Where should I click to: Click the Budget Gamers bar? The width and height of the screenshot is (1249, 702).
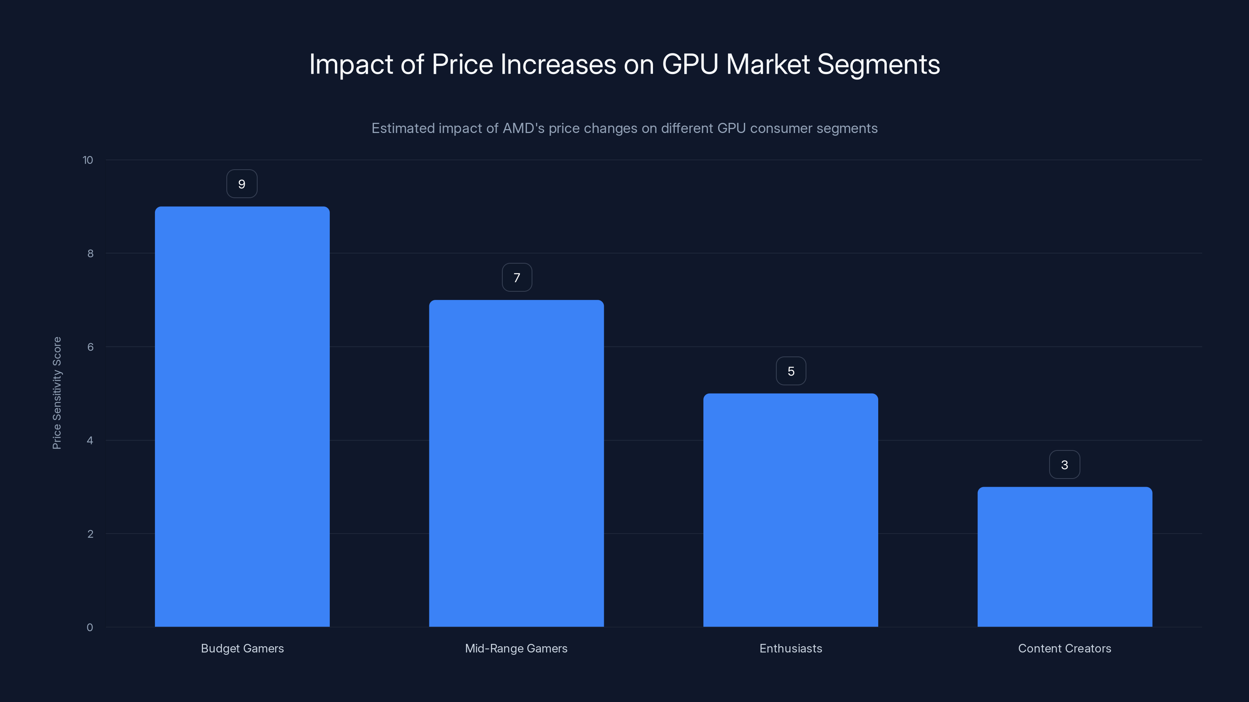coord(242,417)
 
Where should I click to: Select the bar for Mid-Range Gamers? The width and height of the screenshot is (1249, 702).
coord(516,463)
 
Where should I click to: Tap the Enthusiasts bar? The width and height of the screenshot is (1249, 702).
coord(790,510)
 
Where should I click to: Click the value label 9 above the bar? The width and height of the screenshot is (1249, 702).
coord(242,184)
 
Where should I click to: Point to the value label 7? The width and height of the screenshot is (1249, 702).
coord(517,278)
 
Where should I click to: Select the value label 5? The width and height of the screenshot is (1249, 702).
coord(791,371)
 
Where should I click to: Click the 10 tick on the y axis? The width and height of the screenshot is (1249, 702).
coord(88,160)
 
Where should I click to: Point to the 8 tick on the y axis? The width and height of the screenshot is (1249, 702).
coord(90,254)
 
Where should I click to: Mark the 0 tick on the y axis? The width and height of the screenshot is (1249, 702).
coord(90,628)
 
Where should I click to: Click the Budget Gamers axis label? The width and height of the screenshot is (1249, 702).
coord(242,649)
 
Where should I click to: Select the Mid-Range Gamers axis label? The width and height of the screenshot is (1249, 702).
coord(516,649)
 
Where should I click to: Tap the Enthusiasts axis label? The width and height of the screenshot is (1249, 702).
coord(791,649)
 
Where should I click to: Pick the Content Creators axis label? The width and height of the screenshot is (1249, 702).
coord(1065,649)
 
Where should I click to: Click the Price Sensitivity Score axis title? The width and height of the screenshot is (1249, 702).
coord(57,393)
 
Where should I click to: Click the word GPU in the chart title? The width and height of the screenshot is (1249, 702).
coord(690,64)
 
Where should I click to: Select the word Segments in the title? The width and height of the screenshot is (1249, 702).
coord(879,64)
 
